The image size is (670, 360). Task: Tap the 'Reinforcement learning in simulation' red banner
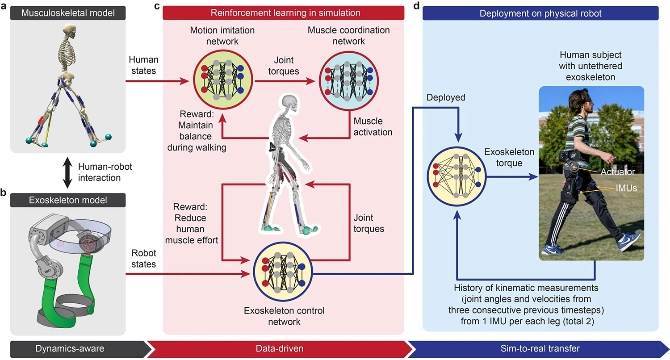pos(283,13)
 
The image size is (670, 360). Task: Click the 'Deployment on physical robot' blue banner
pos(540,13)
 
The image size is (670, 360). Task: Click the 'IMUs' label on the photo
pos(625,189)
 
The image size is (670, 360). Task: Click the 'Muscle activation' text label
pos(373,126)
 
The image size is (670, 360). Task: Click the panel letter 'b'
pos(4,193)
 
